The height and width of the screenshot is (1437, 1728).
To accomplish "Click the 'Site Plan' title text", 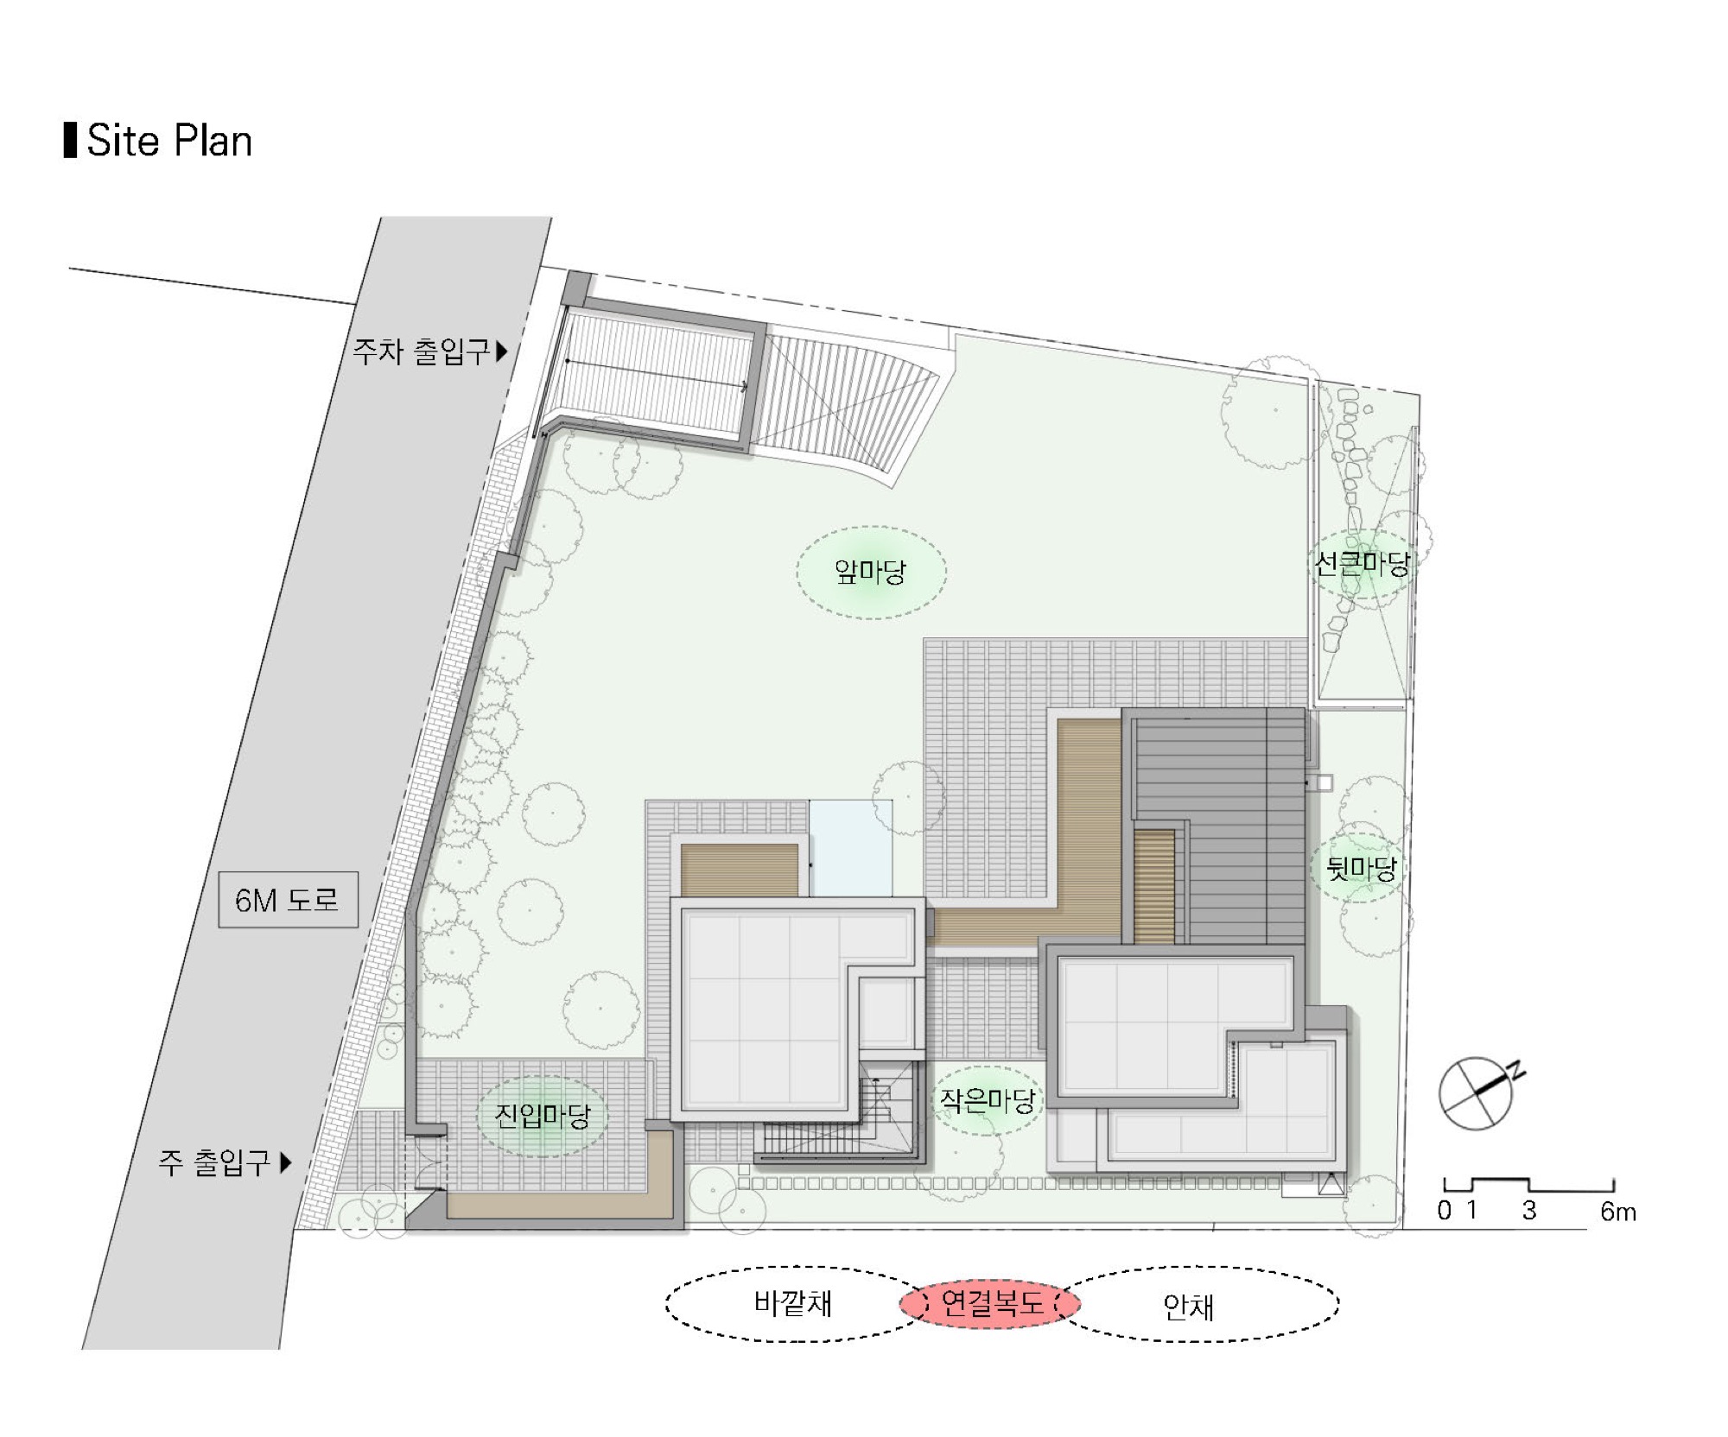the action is point(169,141).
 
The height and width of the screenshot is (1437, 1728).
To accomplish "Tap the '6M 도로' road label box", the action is point(288,900).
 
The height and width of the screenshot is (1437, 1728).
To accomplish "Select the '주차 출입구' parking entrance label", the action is point(421,351).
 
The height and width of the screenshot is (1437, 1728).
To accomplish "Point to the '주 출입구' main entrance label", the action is point(214,1162).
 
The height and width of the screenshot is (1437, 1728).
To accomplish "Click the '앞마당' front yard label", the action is point(870,571).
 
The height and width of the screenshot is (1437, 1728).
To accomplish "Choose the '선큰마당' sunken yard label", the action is point(1362,564).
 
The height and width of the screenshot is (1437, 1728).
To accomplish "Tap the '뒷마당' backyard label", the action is point(1361,868).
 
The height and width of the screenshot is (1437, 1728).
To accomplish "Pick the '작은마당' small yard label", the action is point(988,1100).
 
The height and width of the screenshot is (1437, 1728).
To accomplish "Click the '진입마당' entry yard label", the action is point(542,1115).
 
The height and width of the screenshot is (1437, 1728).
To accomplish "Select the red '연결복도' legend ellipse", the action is point(989,1304).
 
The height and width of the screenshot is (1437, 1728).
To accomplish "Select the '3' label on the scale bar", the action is point(1529,1211).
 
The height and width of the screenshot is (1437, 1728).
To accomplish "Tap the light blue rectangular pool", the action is point(851,849).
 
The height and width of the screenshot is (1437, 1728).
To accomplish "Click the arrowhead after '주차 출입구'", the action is point(501,351).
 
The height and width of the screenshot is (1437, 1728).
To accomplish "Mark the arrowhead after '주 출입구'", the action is point(286,1162).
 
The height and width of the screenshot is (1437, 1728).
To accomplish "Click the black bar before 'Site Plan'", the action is point(70,141).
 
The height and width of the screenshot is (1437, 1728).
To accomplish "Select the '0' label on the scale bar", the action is point(1445,1211).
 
